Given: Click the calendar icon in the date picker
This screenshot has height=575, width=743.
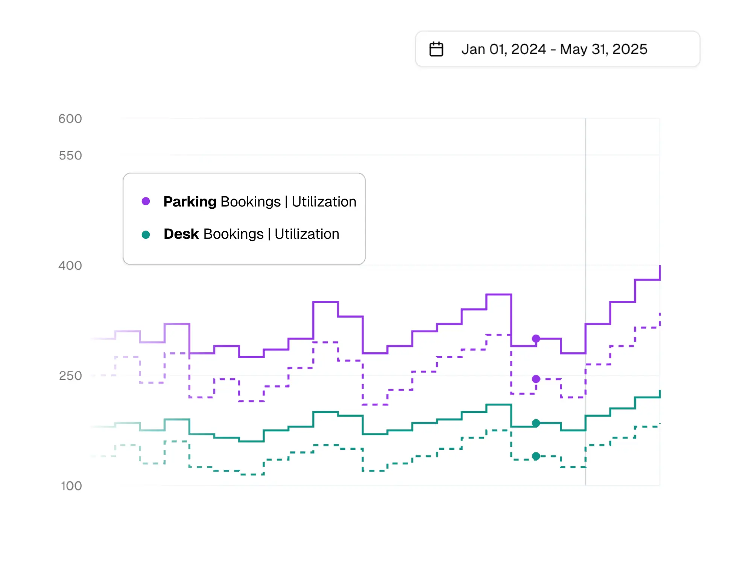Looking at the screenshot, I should click(x=436, y=49).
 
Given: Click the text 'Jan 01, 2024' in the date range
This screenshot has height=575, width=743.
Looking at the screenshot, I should click(x=503, y=49).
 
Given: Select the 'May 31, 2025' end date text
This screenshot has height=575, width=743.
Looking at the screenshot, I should click(x=603, y=49).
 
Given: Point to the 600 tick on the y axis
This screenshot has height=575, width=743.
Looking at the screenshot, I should click(x=70, y=119).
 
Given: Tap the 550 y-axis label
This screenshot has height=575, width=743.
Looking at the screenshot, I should click(x=70, y=155).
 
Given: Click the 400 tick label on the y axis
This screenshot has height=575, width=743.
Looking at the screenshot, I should click(x=70, y=266).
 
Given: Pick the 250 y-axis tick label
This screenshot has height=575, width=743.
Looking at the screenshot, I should click(x=70, y=376).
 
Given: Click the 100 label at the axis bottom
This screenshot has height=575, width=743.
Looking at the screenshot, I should click(x=71, y=486).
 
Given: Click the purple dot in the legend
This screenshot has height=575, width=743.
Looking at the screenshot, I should click(x=146, y=202).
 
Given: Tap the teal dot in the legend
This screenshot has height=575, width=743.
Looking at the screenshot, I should click(x=146, y=235).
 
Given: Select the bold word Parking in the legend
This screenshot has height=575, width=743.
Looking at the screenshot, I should click(x=190, y=202).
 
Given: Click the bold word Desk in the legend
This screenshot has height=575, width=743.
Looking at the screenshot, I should click(x=181, y=234).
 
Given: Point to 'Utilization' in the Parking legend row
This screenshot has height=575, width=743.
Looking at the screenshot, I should click(x=324, y=202).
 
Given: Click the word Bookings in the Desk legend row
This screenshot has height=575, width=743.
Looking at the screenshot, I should click(x=233, y=234).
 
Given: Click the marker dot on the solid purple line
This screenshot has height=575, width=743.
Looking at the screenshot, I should click(x=536, y=339).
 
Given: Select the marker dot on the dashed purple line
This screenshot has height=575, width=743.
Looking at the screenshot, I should click(x=536, y=379).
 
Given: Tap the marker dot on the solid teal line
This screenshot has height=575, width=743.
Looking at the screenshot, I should click(x=536, y=423).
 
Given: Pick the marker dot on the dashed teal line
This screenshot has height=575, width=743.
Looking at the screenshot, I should click(x=536, y=456).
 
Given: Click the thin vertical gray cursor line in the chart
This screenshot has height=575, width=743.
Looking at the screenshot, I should click(x=585, y=226).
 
